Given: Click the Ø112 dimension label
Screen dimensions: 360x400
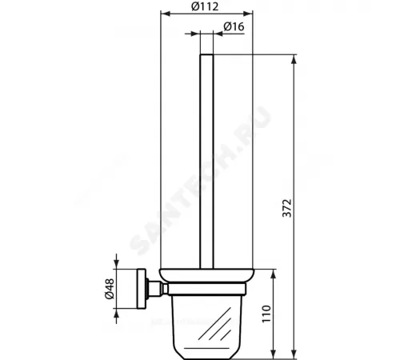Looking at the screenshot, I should click(207, 8).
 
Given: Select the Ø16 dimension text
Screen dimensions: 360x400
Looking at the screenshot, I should click(234, 27).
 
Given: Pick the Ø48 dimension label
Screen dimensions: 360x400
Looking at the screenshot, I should click(111, 288).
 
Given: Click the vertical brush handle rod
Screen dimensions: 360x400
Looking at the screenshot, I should click(207, 160).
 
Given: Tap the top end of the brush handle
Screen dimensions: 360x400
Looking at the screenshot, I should click(207, 55).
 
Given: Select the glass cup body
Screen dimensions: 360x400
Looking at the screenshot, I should click(206, 320).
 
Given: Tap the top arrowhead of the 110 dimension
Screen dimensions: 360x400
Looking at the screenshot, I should click(274, 273).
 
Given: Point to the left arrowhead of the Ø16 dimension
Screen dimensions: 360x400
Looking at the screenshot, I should click(196, 35).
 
